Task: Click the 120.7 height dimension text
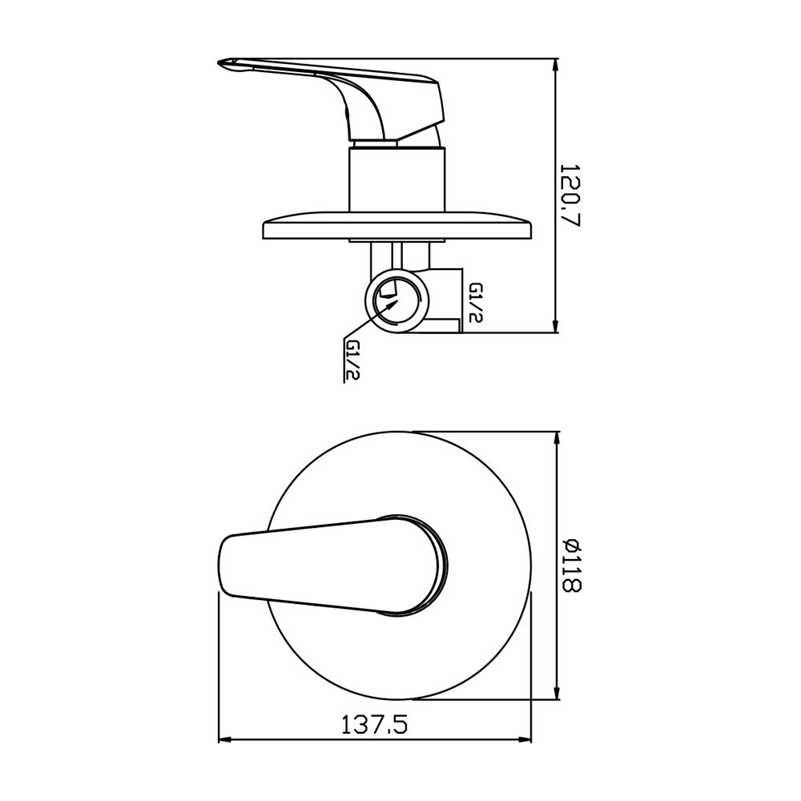(571, 195)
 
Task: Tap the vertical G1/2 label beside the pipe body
(476, 303)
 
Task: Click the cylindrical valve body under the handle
(397, 179)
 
